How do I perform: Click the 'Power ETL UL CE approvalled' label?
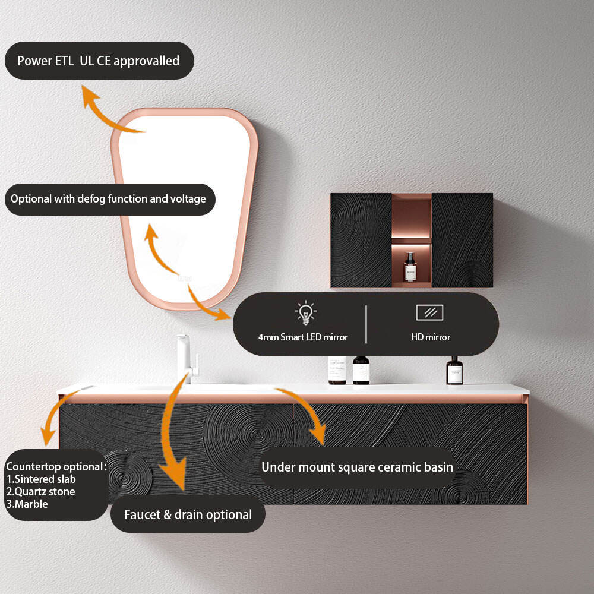(98, 61)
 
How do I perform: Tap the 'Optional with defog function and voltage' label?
(108, 199)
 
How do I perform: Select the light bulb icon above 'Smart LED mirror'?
(305, 312)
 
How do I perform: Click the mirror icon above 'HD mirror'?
(430, 312)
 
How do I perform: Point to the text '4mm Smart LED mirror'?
(303, 337)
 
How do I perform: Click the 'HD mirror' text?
(431, 337)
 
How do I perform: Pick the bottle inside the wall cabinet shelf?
(410, 267)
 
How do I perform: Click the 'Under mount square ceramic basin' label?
(357, 467)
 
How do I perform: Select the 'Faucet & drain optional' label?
(188, 515)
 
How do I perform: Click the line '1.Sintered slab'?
(41, 479)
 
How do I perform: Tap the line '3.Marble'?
(27, 504)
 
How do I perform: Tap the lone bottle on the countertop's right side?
(455, 371)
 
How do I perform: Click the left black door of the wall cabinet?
(361, 240)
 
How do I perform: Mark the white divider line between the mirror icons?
(366, 324)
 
